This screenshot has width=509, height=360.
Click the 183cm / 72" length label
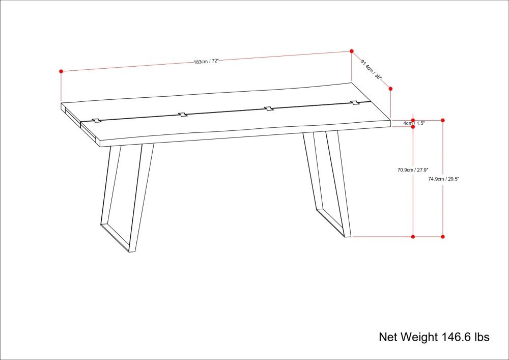(207, 61)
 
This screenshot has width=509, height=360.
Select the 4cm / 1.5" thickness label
(414, 123)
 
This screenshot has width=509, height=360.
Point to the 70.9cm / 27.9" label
(413, 170)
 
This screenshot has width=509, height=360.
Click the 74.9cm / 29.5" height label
(443, 178)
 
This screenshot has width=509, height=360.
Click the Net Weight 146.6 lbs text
(434, 337)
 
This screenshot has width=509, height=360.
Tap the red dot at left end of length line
(61, 71)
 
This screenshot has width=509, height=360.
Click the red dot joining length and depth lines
(351, 51)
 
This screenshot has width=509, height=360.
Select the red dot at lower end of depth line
(390, 89)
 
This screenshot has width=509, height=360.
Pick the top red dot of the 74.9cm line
(443, 121)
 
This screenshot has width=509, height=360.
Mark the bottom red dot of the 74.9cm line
(443, 237)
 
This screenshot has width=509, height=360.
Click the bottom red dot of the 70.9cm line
(413, 237)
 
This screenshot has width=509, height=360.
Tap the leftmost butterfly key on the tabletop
(97, 121)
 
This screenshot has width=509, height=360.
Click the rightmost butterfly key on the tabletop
(355, 103)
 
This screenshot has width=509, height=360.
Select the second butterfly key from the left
(183, 115)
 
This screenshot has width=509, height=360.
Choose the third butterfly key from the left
(268, 108)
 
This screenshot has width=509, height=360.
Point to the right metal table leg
(327, 184)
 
